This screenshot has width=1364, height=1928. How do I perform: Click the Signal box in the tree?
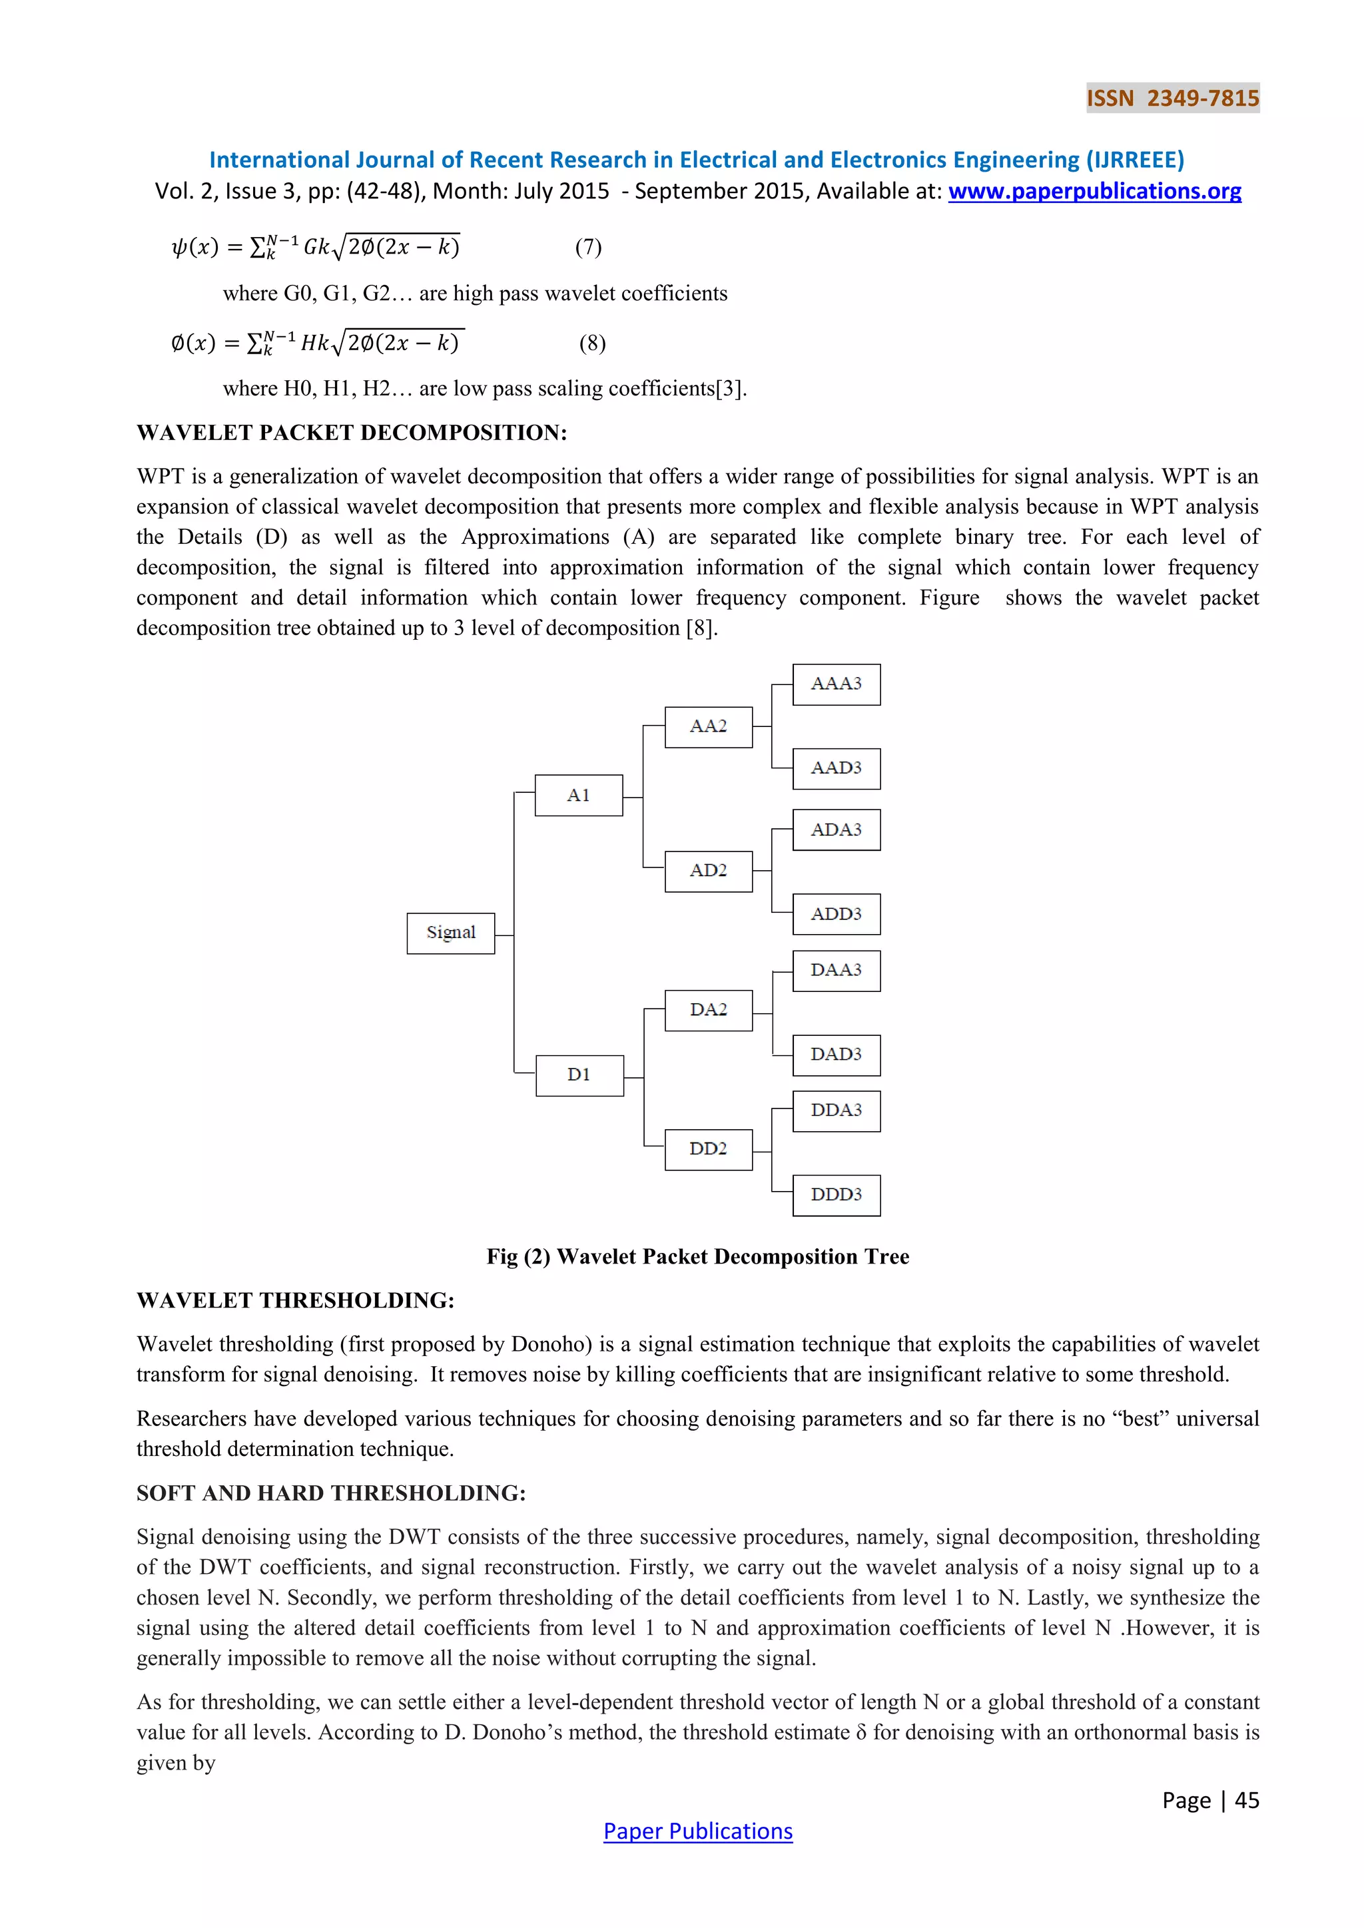pyautogui.click(x=450, y=933)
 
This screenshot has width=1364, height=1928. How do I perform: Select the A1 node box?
pyautogui.click(x=579, y=795)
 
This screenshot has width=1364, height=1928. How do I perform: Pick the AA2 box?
pyautogui.click(x=708, y=726)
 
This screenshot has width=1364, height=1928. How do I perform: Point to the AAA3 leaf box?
pyautogui.click(x=837, y=684)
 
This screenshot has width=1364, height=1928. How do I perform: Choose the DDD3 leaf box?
pyautogui.click(x=837, y=1195)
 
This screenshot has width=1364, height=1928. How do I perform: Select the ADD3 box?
pyautogui.click(x=837, y=915)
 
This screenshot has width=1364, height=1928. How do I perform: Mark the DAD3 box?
pyautogui.click(x=837, y=1055)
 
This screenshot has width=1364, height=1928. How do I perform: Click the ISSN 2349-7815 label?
pyautogui.click(x=1172, y=99)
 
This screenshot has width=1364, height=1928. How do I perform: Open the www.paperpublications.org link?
pyautogui.click(x=1094, y=192)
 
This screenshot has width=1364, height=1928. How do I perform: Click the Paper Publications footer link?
pyautogui.click(x=698, y=1831)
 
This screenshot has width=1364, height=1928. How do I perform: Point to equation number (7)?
pyautogui.click(x=589, y=247)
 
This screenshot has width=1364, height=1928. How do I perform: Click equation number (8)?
pyautogui.click(x=592, y=343)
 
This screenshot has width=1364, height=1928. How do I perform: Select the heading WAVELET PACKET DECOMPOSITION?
pyautogui.click(x=352, y=433)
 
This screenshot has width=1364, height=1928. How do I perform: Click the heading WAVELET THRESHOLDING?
pyautogui.click(x=296, y=1300)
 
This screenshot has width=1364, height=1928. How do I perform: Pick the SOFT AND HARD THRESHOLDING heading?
pyautogui.click(x=331, y=1493)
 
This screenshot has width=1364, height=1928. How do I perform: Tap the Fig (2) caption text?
pyautogui.click(x=698, y=1256)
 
